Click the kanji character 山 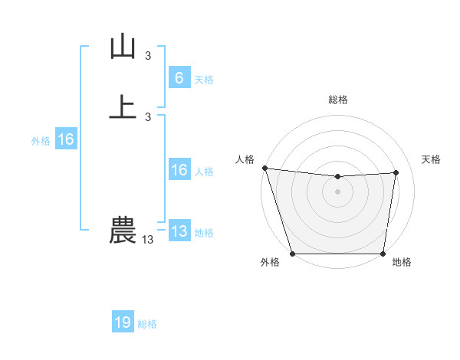pyautogui.click(x=123, y=47)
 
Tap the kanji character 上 pyautogui.click(x=123, y=107)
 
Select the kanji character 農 pyautogui.click(x=123, y=231)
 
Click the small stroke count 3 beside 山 pyautogui.click(x=148, y=56)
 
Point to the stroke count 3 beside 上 pyautogui.click(x=148, y=116)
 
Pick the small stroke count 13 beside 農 pyautogui.click(x=148, y=240)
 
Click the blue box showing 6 pyautogui.click(x=179, y=78)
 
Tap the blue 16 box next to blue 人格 pyautogui.click(x=179, y=170)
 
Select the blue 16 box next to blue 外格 pyautogui.click(x=66, y=139)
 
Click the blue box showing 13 pyautogui.click(x=179, y=231)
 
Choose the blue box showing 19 pyautogui.click(x=123, y=322)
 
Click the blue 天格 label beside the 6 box pyautogui.click(x=204, y=80)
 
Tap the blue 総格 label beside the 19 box pyautogui.click(x=148, y=324)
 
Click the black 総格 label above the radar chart pyautogui.click(x=338, y=100)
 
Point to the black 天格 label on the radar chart pyautogui.click(x=431, y=159)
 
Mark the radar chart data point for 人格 pyautogui.click(x=264, y=168)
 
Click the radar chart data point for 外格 pyautogui.click(x=293, y=254)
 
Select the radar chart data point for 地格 pyautogui.click(x=383, y=254)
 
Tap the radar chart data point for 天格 pyautogui.click(x=396, y=172)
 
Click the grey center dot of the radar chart pyautogui.click(x=338, y=191)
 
